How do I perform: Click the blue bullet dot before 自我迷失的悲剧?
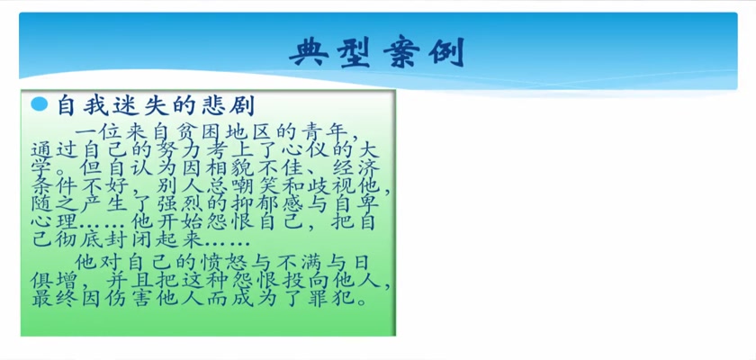39,104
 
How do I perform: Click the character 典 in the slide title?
310,51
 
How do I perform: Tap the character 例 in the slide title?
446,51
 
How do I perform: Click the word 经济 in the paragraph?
355,169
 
